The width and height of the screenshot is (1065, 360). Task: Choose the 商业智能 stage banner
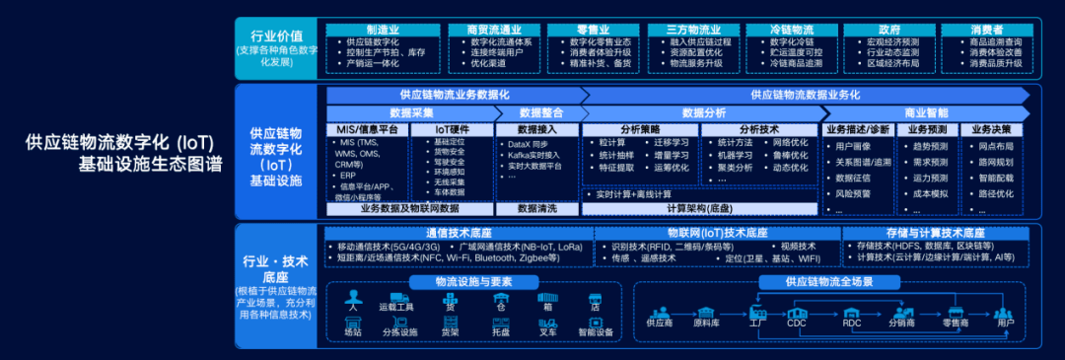click(x=926, y=113)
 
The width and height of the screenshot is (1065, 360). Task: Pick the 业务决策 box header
click(x=991, y=129)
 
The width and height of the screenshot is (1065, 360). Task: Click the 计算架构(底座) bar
click(x=699, y=209)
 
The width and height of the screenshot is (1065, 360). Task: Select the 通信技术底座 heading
click(x=459, y=233)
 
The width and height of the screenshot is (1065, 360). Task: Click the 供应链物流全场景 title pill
click(x=829, y=281)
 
